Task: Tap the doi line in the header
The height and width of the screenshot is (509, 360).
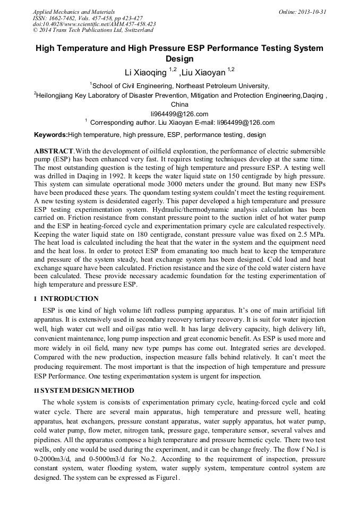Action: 94,24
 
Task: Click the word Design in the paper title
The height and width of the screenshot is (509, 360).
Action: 179,59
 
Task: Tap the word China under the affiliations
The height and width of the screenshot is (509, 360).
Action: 179,105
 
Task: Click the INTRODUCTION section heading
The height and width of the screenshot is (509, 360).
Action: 70,299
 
